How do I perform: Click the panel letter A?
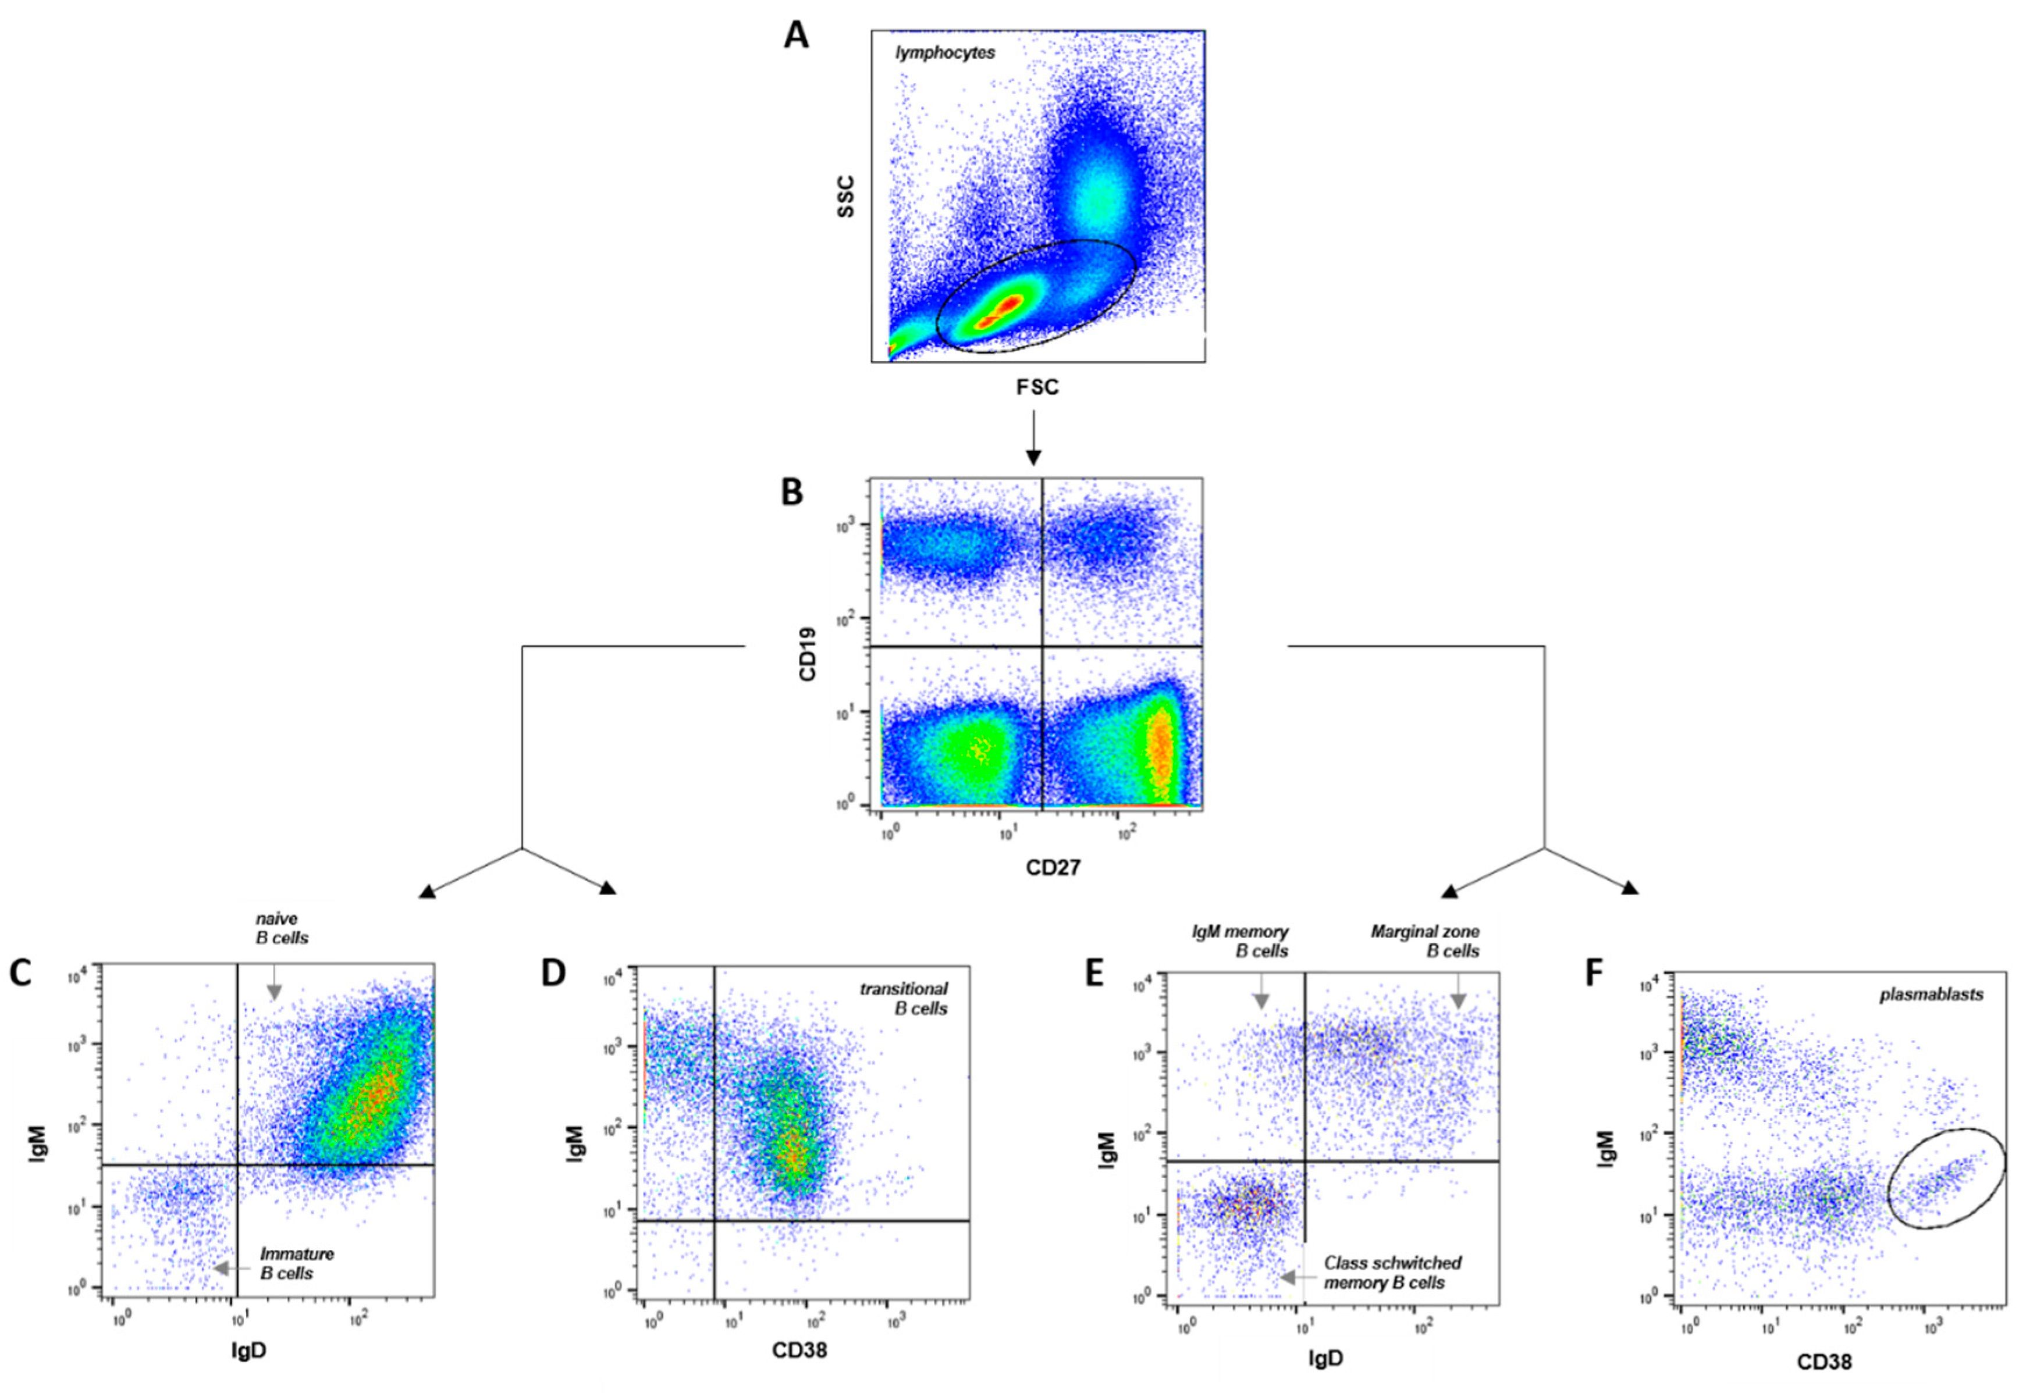coord(795,37)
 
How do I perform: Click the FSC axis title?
coord(1037,387)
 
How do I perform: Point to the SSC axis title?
coord(845,197)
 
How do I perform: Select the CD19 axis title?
coord(808,654)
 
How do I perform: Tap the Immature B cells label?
coord(297,1263)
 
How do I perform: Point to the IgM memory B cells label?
coord(1240,942)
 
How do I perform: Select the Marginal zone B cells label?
coord(1426,942)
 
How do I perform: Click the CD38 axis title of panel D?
coord(799,1350)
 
